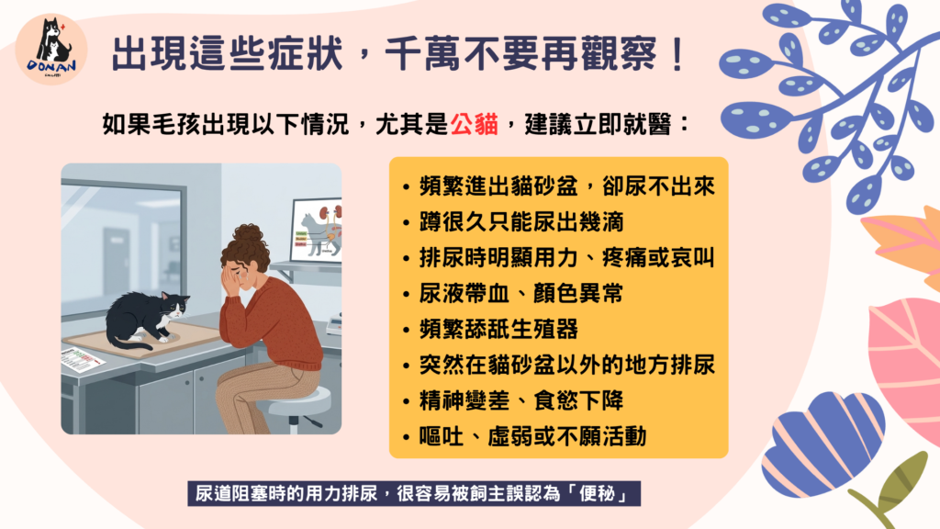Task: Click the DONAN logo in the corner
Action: [51, 50]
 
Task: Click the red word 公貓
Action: [475, 124]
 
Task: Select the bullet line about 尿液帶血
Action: [521, 293]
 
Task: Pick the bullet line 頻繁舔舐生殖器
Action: [498, 329]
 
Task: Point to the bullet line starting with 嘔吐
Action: [533, 436]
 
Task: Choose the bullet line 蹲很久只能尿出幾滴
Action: [521, 222]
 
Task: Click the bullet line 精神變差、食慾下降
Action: [521, 400]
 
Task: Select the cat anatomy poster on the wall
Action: [317, 231]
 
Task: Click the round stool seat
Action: [299, 400]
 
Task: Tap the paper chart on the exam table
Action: [83, 360]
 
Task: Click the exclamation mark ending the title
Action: [678, 54]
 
